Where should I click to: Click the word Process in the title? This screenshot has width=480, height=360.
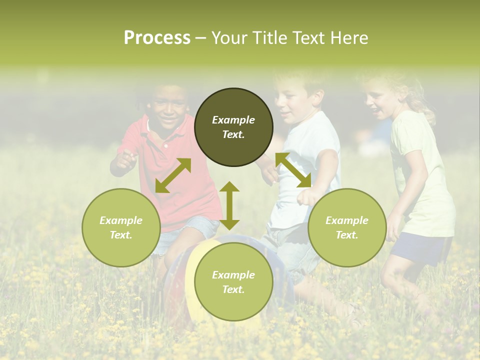click(x=157, y=38)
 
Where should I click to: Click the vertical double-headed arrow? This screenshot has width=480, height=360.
click(x=229, y=205)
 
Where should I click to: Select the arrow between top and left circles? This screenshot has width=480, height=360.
click(x=173, y=175)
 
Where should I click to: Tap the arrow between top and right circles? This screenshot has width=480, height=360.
click(x=293, y=170)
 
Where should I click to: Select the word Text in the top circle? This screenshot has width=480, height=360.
click(x=233, y=135)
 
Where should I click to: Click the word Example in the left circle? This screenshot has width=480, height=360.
click(x=121, y=220)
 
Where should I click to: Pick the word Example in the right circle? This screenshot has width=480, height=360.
click(x=347, y=220)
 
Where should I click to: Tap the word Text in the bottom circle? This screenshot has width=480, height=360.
click(x=233, y=290)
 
